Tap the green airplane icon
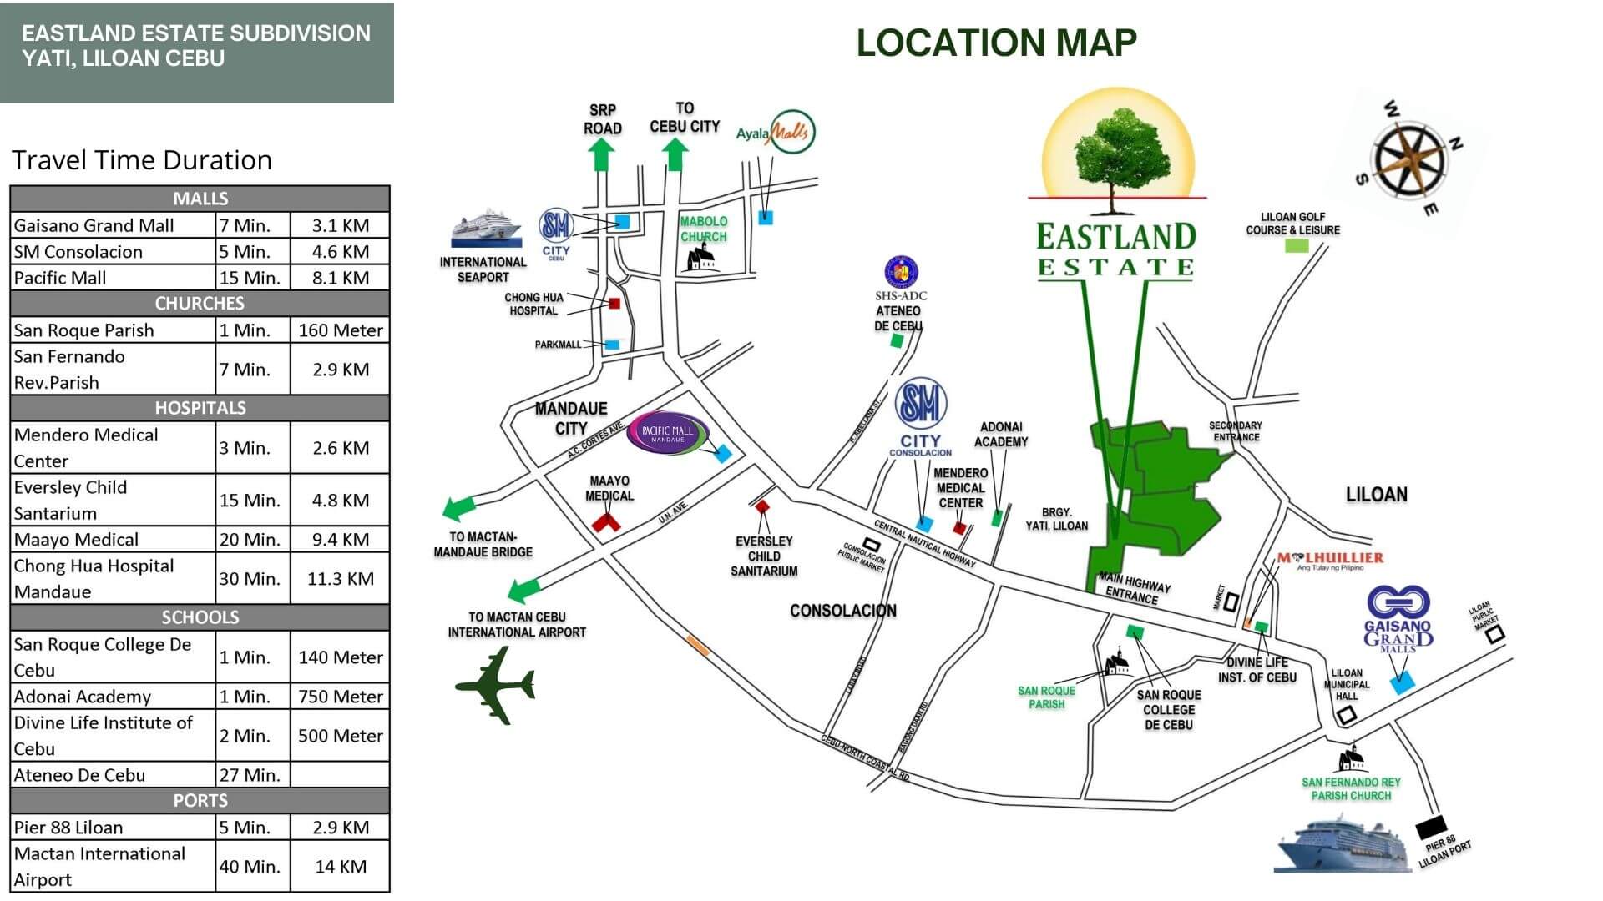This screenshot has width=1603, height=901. point(495,686)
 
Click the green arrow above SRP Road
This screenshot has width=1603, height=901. point(601,154)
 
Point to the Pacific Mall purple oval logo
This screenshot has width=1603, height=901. point(667,434)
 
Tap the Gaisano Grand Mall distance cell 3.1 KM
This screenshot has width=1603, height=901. point(340,225)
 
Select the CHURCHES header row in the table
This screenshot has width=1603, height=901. point(200,303)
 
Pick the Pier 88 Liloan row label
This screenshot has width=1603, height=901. point(68,828)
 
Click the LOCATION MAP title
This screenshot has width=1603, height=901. point(996,43)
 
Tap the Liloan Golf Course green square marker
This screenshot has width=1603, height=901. point(1296,246)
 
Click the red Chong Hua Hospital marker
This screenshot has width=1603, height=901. point(614,305)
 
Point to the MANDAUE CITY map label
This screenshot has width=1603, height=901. point(571,418)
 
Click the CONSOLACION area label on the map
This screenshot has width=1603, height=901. point(842,611)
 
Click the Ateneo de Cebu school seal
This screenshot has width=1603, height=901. point(901,271)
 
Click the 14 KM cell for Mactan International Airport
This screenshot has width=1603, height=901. point(340,867)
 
